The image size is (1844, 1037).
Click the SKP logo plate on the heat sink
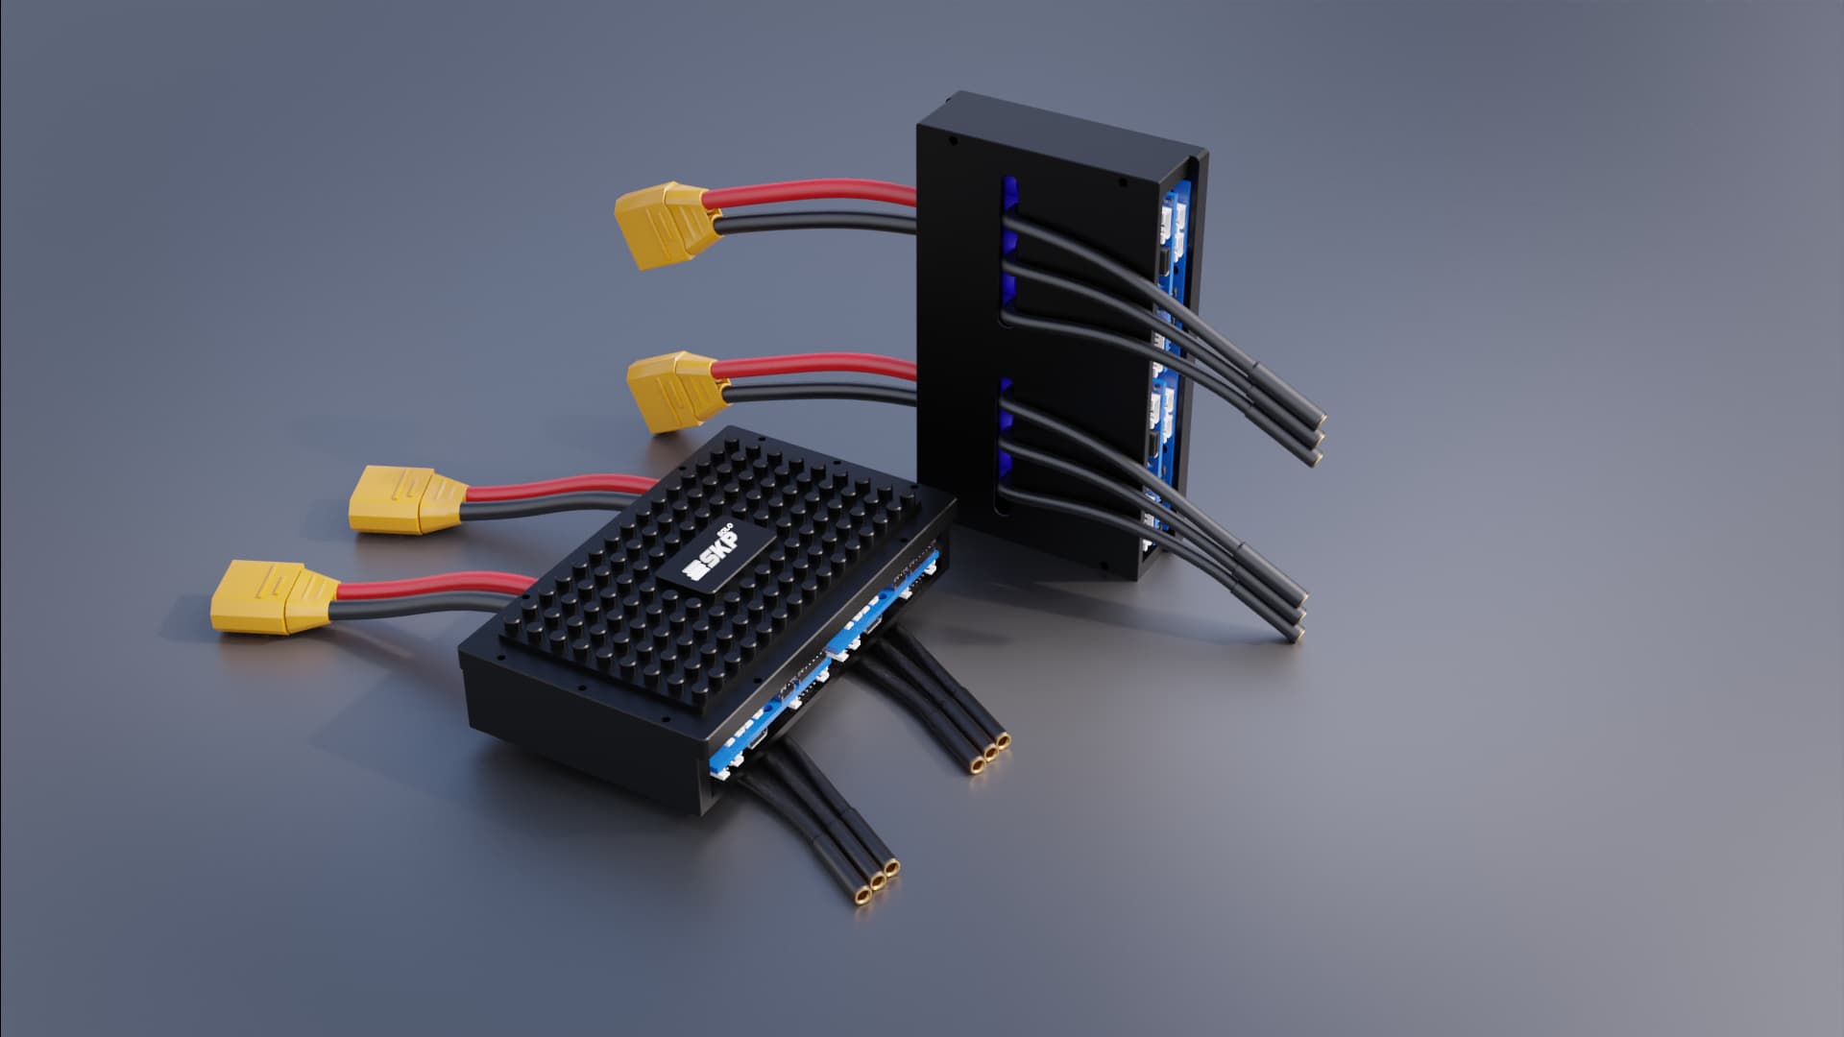[x=716, y=563]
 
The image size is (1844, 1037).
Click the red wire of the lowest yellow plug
[x=432, y=583]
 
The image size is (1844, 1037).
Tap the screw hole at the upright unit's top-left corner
[x=953, y=139]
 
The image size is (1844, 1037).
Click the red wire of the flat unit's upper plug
[x=557, y=490]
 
